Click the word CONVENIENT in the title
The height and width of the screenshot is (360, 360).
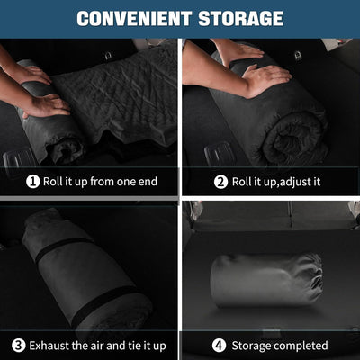134,19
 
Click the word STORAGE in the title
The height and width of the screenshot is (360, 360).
240,19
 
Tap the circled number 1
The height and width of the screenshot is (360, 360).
33,182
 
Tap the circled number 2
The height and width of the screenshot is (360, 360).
220,182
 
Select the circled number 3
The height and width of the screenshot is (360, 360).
19,346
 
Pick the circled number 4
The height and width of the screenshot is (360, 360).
219,346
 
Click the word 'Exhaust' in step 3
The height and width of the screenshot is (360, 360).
50,346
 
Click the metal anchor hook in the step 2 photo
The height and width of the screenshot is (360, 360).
298,56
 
